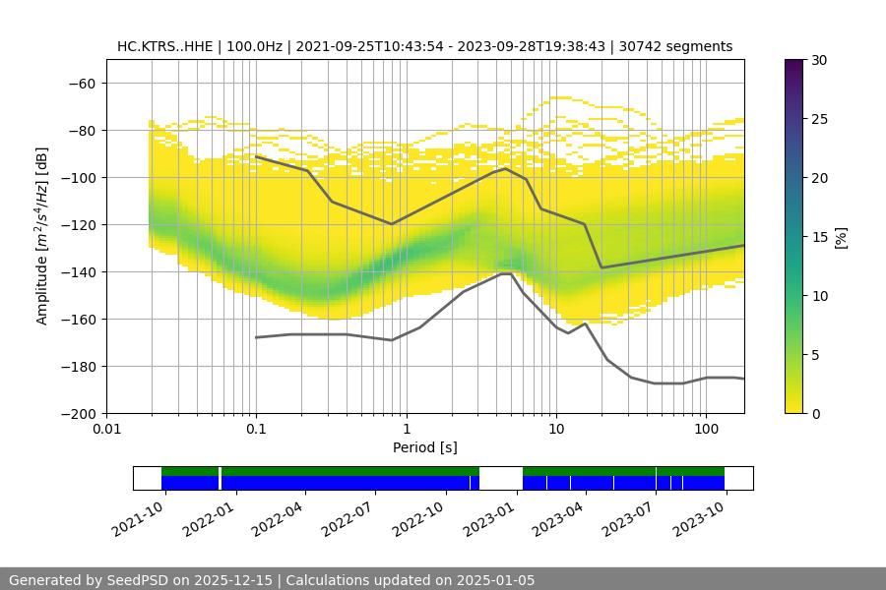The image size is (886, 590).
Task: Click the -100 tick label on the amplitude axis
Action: [x=79, y=178]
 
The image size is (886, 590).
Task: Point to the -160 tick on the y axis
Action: [x=79, y=320]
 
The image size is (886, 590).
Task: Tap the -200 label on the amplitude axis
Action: [x=79, y=414]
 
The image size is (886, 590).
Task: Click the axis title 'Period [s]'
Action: [x=425, y=448]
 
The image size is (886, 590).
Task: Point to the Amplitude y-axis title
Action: [x=41, y=237]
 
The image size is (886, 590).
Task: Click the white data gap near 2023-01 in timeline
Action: [x=500, y=478]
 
